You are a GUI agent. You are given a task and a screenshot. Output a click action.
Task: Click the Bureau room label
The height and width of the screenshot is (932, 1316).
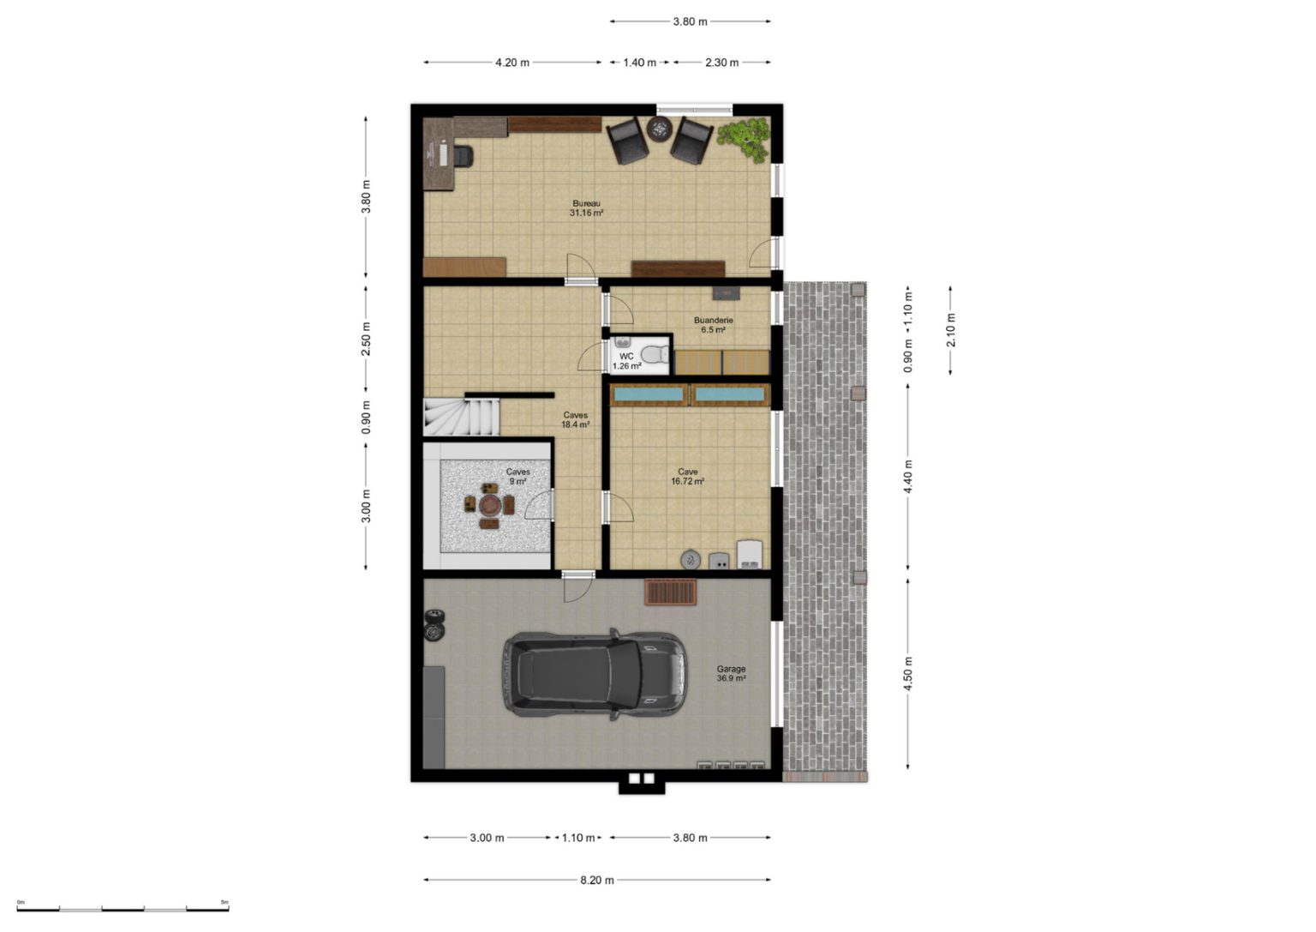586,208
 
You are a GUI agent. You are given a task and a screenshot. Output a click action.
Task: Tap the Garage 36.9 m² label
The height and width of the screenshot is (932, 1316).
731,673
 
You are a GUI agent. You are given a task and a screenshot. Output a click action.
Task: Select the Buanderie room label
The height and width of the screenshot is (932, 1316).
713,325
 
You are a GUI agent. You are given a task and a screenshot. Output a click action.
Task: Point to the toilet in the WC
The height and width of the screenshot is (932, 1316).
655,355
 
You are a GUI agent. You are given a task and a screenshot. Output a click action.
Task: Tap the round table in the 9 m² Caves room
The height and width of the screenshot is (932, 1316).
489,504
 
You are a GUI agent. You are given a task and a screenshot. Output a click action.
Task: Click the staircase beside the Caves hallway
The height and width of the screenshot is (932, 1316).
461,417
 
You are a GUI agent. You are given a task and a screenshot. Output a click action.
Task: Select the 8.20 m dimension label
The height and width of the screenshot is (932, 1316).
597,881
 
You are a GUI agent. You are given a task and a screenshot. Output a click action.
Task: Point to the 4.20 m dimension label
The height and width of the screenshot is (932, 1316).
512,63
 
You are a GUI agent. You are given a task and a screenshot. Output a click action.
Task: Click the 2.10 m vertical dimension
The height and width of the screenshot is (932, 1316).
950,330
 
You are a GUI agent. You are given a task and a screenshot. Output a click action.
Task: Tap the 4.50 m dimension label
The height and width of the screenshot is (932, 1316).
907,673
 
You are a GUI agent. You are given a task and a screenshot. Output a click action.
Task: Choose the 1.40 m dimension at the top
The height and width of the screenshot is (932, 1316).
639,63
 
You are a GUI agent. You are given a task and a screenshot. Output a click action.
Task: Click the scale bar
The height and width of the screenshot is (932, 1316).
123,910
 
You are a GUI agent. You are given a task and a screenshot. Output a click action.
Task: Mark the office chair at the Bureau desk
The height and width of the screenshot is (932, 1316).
463,156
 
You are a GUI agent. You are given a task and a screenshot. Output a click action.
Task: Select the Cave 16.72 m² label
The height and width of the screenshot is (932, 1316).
688,477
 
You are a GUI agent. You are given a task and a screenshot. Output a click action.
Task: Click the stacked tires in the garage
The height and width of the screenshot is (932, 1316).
434,624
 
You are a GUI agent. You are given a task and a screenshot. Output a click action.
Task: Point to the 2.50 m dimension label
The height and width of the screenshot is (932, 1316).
366,339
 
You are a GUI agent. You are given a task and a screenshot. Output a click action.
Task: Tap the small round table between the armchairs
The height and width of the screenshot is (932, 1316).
659,129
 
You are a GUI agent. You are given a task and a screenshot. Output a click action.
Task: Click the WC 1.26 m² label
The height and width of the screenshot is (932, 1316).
626,361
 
